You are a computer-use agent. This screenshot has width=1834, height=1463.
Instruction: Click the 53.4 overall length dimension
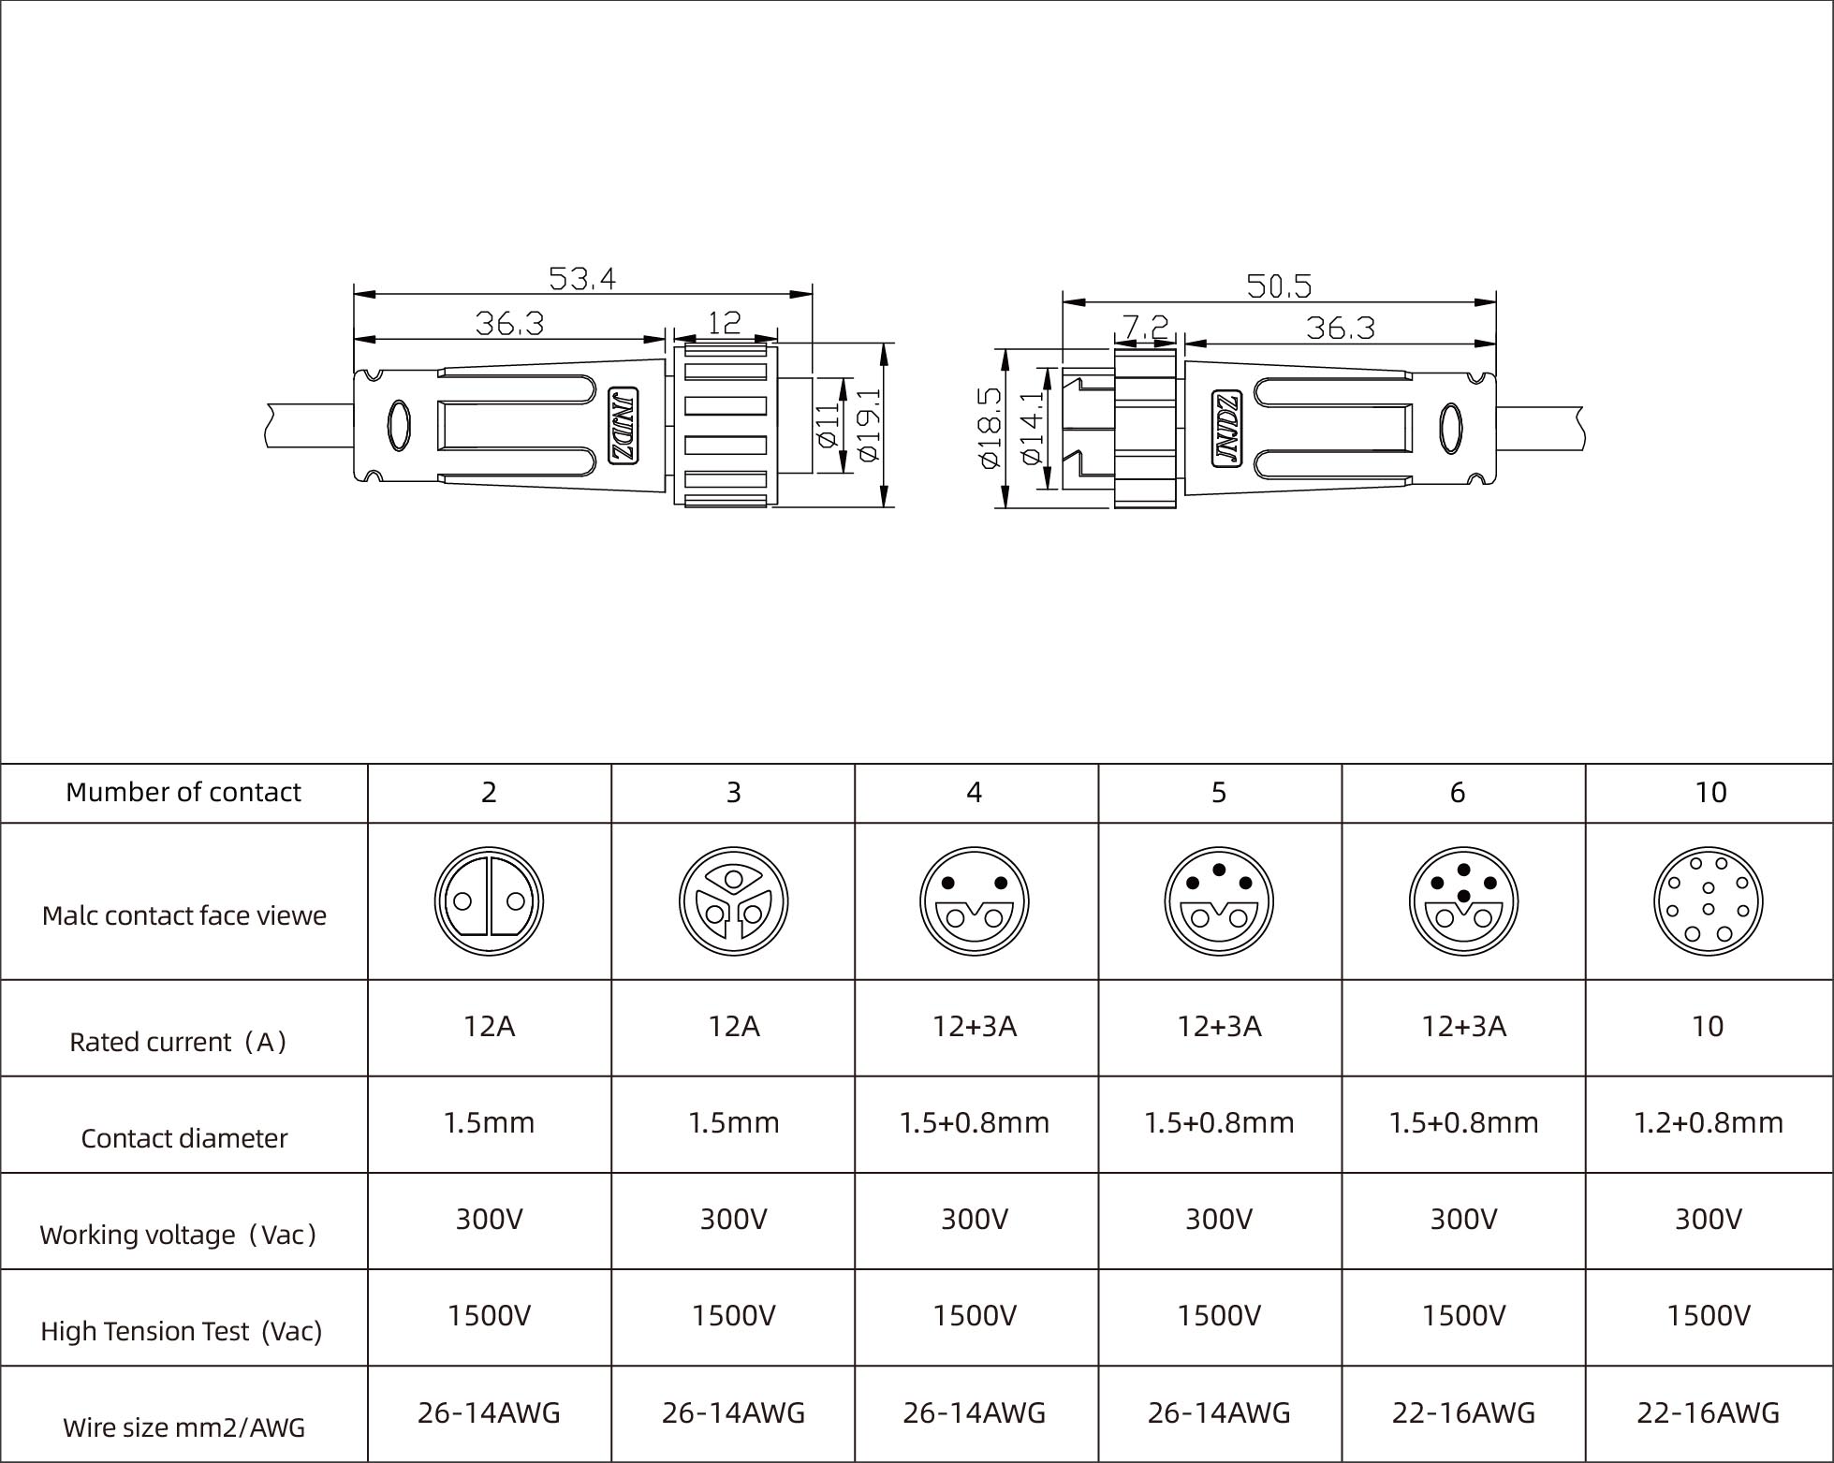(x=581, y=278)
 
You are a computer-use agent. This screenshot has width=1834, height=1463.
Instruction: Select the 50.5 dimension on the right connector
(x=1279, y=285)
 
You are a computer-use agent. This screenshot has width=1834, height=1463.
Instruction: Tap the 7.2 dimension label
(x=1146, y=327)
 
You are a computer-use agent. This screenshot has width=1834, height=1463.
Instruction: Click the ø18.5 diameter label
(x=990, y=427)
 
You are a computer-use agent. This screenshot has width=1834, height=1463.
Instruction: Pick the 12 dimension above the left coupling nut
(x=725, y=323)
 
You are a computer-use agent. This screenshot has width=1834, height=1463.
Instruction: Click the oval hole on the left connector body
(x=398, y=426)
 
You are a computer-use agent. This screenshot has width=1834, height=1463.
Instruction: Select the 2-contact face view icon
(x=489, y=901)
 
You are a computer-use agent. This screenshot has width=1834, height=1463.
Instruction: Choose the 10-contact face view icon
(x=1708, y=901)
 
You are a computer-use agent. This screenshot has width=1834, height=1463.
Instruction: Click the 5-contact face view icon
(x=1219, y=901)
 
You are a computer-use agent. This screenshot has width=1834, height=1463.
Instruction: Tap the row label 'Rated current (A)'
(x=178, y=1041)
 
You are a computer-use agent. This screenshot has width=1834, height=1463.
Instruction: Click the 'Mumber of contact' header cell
(x=183, y=792)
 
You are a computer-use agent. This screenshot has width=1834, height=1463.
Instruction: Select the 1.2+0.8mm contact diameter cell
(x=1708, y=1122)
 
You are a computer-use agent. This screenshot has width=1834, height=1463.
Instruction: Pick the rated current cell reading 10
(x=1708, y=1026)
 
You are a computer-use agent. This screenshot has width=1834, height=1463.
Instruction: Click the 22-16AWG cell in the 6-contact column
(x=1463, y=1412)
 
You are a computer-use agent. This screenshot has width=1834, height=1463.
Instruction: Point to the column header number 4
(x=975, y=792)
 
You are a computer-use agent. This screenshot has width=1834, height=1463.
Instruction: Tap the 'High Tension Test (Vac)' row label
(x=181, y=1330)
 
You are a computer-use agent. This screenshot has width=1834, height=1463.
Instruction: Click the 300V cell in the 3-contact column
(x=733, y=1219)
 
